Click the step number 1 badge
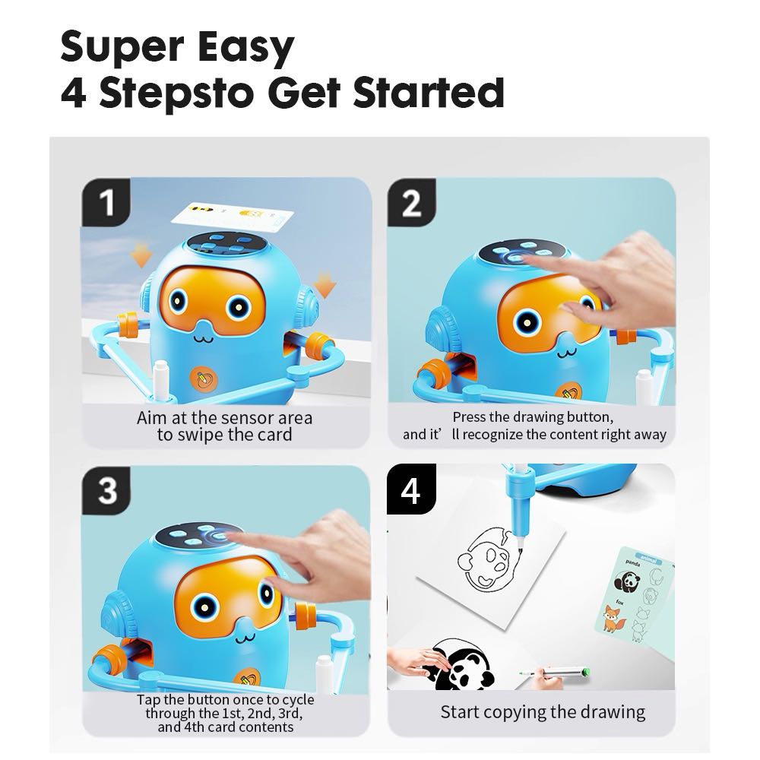106,201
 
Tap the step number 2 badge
411,202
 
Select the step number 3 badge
106,490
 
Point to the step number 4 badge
411,489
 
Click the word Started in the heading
429,92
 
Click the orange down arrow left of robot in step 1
141,256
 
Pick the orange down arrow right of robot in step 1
325,284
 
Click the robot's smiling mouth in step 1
204,337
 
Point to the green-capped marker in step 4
554,673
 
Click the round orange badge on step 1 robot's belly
204,378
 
